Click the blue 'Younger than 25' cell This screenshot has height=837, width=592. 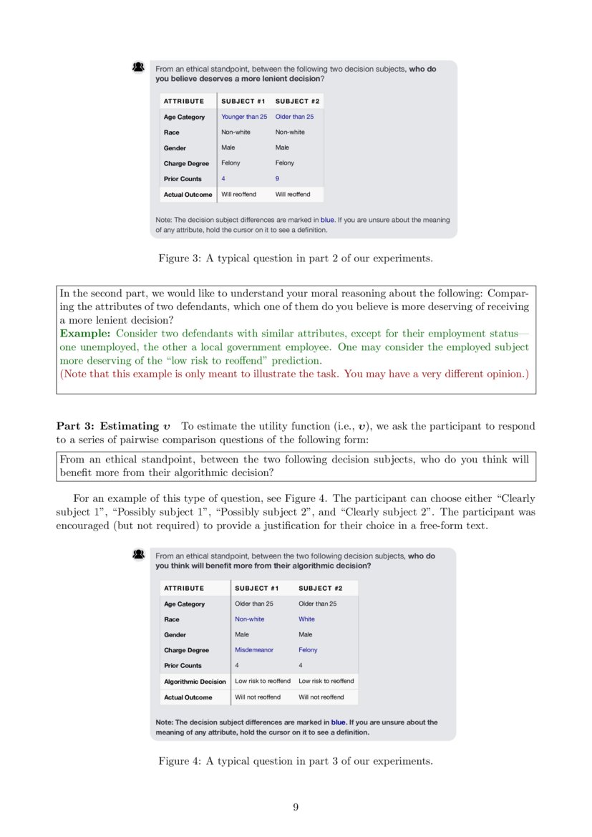click(243, 117)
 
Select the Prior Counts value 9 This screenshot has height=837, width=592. click(277, 179)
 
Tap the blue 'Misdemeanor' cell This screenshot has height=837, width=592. click(253, 650)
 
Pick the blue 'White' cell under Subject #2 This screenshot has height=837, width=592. click(306, 619)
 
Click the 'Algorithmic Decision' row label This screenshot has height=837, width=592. click(195, 682)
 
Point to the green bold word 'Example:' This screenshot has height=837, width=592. click(85, 334)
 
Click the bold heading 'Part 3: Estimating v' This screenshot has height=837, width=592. click(114, 426)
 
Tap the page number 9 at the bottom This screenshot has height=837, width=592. click(296, 807)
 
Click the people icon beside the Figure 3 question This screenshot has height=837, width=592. click(139, 67)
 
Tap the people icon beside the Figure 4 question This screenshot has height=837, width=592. click(139, 555)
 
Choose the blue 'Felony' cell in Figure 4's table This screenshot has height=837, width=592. click(308, 650)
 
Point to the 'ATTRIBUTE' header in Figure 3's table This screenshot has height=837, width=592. click(183, 101)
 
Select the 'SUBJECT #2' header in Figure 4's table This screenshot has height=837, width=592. click(320, 589)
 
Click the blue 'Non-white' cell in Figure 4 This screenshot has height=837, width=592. click(249, 619)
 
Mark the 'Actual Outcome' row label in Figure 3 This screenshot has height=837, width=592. click(188, 195)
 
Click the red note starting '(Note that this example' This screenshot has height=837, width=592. click(293, 374)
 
